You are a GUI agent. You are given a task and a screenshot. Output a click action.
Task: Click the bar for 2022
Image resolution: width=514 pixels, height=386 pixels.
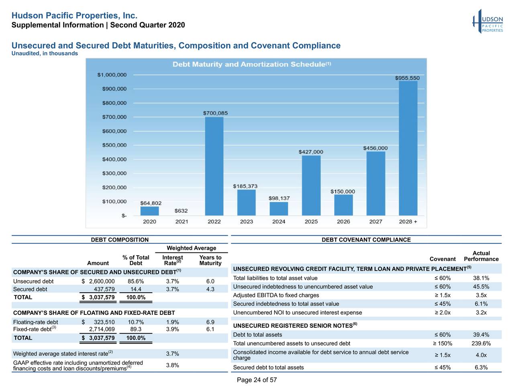[214, 166]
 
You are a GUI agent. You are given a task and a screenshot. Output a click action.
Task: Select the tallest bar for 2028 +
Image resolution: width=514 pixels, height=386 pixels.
[408, 148]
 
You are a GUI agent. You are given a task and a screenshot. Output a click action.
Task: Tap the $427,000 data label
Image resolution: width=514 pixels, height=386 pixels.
[310, 152]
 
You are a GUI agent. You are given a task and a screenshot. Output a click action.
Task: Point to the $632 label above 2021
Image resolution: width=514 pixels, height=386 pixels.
[181, 211]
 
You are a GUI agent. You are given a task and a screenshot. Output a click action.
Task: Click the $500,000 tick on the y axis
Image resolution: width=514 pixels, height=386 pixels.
[114, 145]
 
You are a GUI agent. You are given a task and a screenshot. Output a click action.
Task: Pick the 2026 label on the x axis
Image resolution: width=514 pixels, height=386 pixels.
[343, 222]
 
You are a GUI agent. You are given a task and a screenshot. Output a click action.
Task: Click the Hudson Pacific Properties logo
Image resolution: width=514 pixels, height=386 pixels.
[488, 21]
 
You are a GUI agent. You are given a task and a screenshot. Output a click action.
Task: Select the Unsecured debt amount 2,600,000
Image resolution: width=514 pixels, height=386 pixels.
[102, 281]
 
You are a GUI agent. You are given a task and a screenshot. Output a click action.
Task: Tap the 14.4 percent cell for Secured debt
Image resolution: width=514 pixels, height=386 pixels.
[136, 289]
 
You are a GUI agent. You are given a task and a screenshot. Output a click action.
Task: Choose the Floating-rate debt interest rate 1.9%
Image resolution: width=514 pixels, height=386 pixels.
[172, 322]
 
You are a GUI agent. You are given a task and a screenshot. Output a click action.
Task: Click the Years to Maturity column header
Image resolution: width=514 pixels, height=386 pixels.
[210, 260]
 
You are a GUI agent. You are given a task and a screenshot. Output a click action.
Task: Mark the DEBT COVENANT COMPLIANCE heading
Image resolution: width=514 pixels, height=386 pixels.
[366, 240]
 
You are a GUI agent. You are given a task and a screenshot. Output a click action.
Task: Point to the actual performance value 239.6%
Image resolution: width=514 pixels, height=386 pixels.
[481, 343]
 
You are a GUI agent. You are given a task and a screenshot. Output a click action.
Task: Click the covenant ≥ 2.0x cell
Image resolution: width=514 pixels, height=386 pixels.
[442, 312]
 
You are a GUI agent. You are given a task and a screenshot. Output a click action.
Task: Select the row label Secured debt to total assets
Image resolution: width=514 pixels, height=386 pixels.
[268, 368]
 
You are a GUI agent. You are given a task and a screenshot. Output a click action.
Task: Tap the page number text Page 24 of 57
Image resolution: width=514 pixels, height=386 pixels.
[257, 380]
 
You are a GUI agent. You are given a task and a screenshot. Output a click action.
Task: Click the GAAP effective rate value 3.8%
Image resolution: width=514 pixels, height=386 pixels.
[172, 365]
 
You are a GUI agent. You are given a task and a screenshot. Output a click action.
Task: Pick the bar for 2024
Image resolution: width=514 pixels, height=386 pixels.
[279, 208]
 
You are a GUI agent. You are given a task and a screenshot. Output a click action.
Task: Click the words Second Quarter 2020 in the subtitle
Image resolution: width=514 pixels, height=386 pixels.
[147, 25]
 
